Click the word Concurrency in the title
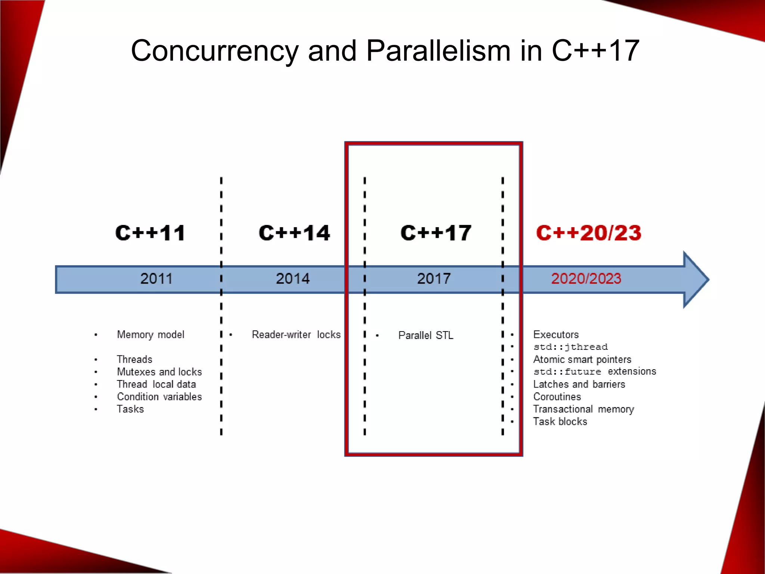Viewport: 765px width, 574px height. [214, 51]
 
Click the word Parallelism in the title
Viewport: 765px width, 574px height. [438, 51]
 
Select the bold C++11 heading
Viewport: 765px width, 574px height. [150, 233]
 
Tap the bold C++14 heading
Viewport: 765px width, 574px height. [294, 233]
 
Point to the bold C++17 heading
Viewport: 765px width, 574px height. [436, 233]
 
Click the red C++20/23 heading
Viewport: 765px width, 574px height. [589, 233]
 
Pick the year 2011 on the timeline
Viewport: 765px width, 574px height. [156, 279]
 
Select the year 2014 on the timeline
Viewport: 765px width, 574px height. [293, 279]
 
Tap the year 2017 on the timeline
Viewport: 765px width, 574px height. [434, 279]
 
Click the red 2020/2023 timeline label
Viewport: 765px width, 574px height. [586, 279]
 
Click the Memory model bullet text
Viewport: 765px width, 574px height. [151, 334]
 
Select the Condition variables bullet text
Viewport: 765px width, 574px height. [159, 396]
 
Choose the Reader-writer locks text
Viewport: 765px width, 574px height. [296, 334]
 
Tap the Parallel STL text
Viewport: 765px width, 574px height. [426, 335]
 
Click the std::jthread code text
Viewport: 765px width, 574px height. [570, 347]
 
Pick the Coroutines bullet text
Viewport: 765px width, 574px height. [557, 396]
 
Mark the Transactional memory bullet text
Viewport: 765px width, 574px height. [583, 409]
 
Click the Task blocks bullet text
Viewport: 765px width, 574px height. [560, 422]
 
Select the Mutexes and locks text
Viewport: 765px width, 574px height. [159, 372]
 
